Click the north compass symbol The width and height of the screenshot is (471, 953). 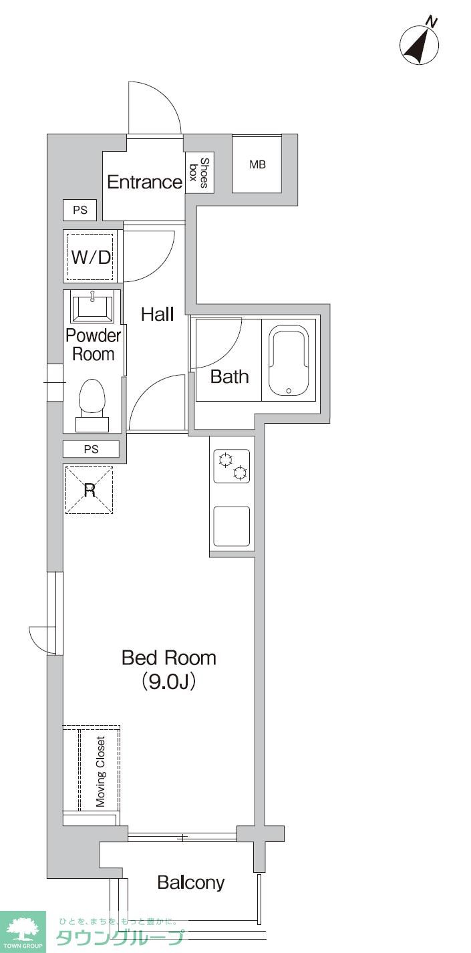(419, 43)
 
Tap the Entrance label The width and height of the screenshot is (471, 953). (145, 182)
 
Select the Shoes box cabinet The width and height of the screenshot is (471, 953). (199, 172)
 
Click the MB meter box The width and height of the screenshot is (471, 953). (257, 164)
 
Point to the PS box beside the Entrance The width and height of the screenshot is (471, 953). (80, 210)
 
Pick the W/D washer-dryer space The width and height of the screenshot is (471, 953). (90, 256)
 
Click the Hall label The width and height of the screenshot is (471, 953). (158, 314)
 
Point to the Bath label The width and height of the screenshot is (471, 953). (229, 376)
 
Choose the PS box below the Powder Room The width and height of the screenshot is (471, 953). (91, 449)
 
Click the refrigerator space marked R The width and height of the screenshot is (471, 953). (90, 491)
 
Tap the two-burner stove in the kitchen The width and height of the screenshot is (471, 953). (231, 466)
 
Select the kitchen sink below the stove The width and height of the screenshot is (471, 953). (231, 526)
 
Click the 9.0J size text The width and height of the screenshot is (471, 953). (169, 681)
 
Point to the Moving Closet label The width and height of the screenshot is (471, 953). (100, 771)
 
